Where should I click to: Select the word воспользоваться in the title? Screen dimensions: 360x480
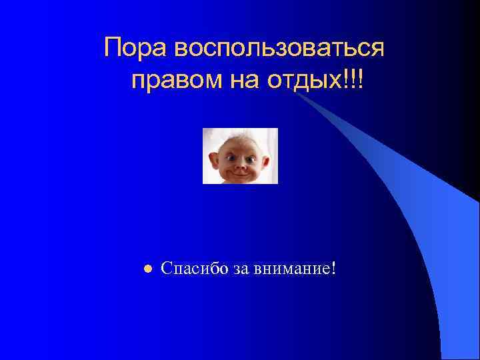[x=279, y=49]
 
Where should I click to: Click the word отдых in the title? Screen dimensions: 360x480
[x=303, y=81]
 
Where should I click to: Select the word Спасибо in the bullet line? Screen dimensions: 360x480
[x=195, y=269]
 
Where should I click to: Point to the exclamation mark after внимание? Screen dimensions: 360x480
[x=333, y=268]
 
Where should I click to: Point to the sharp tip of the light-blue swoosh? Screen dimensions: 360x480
[x=297, y=94]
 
